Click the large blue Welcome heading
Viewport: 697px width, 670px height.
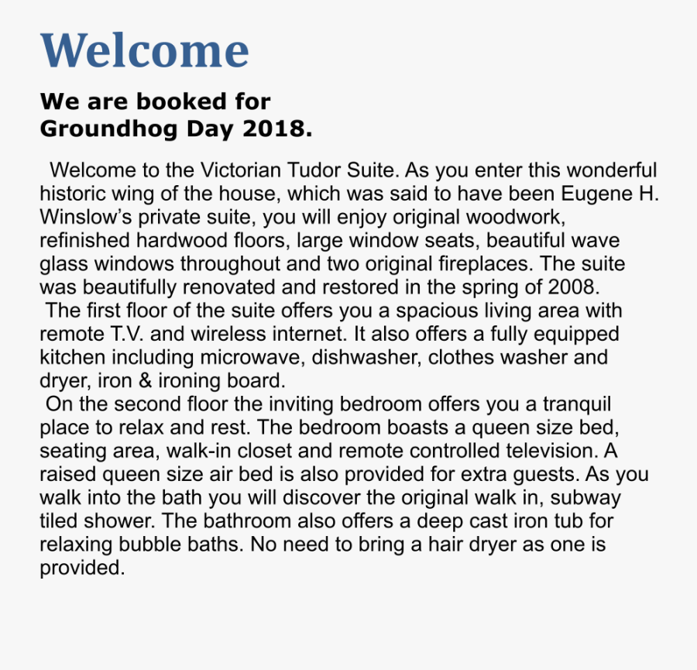(144, 51)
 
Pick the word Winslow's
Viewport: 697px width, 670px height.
(86, 217)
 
